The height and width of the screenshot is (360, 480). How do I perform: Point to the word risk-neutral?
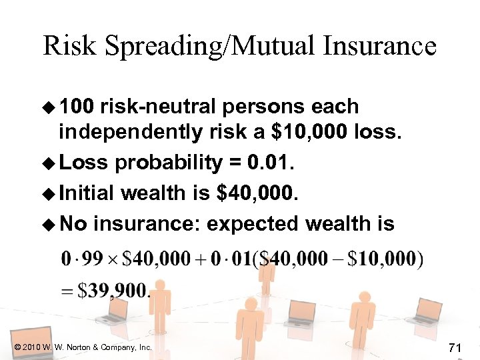[x=165, y=107]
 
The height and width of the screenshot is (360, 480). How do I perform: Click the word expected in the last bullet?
[x=253, y=224]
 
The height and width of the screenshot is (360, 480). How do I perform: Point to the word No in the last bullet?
[x=73, y=224]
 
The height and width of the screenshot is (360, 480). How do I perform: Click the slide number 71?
[x=456, y=347]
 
